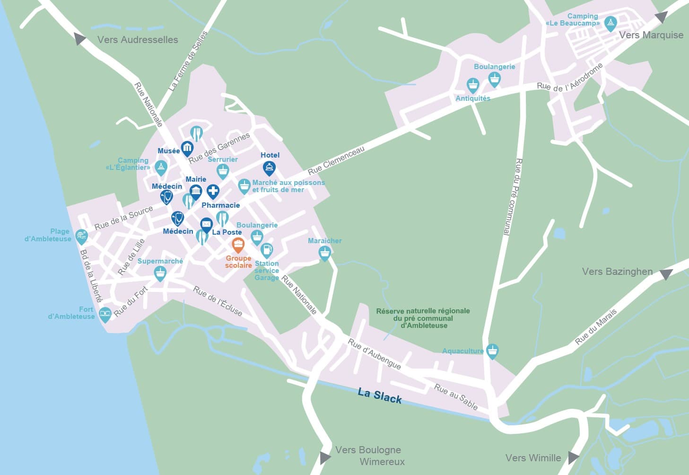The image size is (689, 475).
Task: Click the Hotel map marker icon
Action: (x=269, y=167)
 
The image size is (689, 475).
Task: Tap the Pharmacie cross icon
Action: (x=213, y=191)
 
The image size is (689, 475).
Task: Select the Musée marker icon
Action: (x=187, y=149)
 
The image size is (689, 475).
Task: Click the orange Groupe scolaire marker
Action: (x=238, y=245)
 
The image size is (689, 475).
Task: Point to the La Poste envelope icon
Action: (x=206, y=224)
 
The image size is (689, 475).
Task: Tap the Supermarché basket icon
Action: (x=160, y=273)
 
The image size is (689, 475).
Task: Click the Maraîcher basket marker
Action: (x=324, y=253)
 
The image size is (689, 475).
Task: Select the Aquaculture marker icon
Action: (x=492, y=351)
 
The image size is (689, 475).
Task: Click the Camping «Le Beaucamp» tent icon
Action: (x=611, y=23)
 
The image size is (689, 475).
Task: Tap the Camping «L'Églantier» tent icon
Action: (x=161, y=167)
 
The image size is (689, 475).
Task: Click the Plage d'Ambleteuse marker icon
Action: (x=82, y=236)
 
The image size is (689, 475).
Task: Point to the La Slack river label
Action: (x=380, y=396)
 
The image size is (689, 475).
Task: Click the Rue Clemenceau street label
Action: (x=336, y=160)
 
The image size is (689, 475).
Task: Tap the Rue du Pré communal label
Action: (x=512, y=196)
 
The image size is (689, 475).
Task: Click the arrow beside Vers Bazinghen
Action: (x=666, y=274)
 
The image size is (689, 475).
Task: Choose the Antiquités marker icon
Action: (x=472, y=85)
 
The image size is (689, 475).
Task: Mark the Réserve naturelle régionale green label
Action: (x=423, y=318)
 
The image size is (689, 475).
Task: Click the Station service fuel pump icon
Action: (x=267, y=249)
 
